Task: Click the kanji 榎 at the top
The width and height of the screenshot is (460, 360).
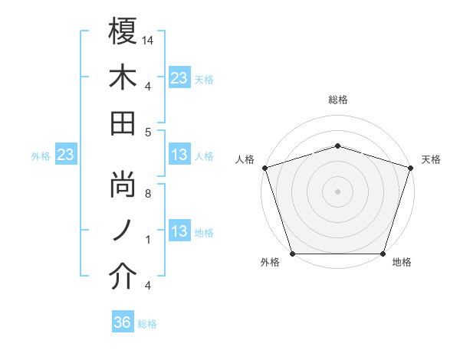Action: (123, 31)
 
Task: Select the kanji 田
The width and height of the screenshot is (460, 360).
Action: (123, 123)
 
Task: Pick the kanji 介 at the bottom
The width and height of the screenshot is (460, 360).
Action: (123, 277)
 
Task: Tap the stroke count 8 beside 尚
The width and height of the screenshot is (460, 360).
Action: (149, 194)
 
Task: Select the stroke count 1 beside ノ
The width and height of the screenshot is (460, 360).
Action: (149, 240)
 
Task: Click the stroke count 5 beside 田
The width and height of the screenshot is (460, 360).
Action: (149, 132)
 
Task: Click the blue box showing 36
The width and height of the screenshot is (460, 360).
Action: (123, 322)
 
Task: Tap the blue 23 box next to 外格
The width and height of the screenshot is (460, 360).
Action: (66, 155)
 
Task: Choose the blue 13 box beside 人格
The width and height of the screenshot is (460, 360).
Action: (179, 155)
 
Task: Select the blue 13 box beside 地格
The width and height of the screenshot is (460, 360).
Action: (179, 232)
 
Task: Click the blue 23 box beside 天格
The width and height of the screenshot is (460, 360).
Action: (179, 77)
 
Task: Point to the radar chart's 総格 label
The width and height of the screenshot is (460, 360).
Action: (338, 100)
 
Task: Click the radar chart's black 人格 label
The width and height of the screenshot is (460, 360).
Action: (245, 159)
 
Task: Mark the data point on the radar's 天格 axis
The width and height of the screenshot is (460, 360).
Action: (410, 167)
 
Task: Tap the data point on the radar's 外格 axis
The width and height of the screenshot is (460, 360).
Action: (293, 253)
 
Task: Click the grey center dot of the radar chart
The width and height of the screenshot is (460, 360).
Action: (337, 191)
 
